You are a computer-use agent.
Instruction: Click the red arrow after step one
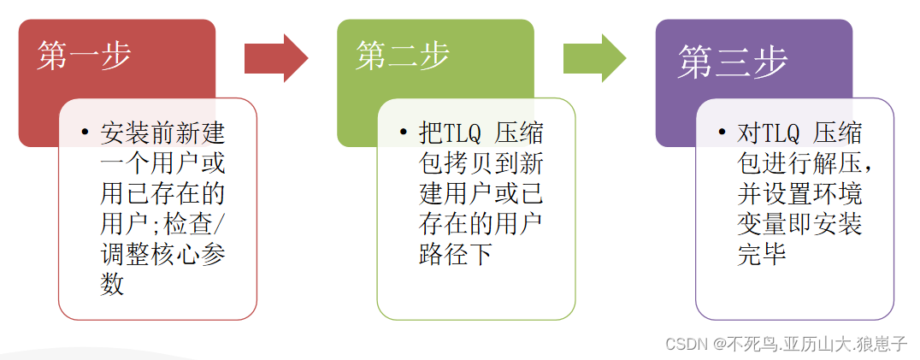click(275, 58)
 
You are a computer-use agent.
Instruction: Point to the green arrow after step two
click(594, 58)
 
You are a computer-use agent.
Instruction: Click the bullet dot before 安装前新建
click(85, 134)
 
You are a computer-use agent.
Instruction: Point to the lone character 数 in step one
click(112, 284)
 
